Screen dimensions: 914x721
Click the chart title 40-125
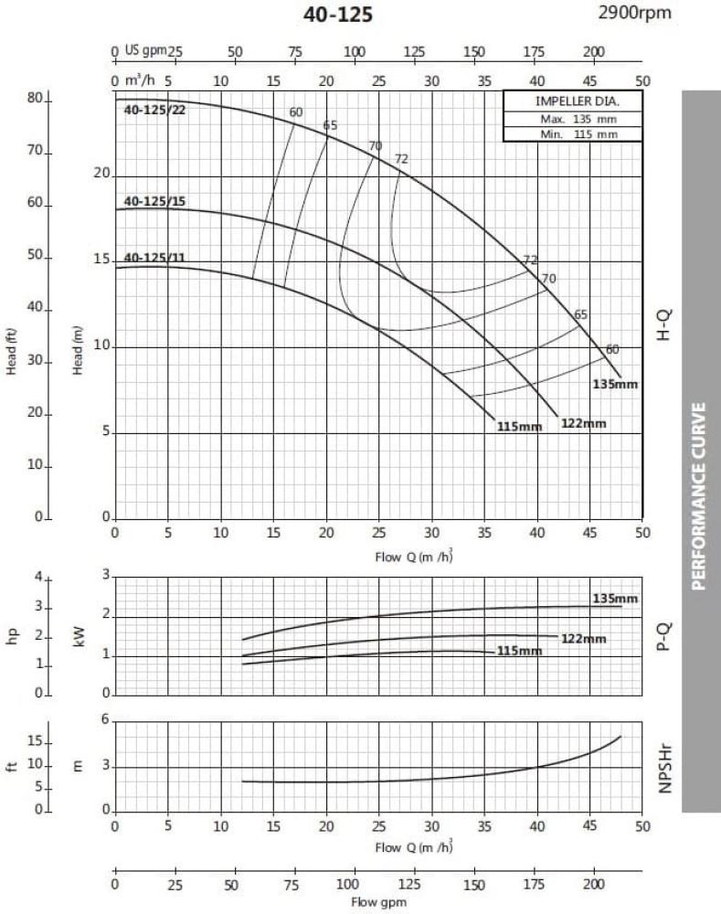coord(338,15)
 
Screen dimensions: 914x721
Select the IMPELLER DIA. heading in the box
coord(572,101)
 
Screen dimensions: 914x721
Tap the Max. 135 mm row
coord(572,119)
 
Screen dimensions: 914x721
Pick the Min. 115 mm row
coord(572,133)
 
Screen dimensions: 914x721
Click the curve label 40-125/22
coord(154,111)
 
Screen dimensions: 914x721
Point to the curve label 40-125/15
coord(154,201)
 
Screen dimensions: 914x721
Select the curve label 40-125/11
coord(154,258)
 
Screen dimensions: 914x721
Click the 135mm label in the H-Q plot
coord(615,383)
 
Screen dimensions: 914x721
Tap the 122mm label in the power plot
coord(583,639)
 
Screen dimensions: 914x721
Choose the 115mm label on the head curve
coord(519,427)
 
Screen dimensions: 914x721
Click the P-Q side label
coord(664,635)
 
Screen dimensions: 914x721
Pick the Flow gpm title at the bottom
coord(376,902)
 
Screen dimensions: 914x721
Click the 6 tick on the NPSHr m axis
coord(105,720)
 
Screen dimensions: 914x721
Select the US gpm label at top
coord(143,51)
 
